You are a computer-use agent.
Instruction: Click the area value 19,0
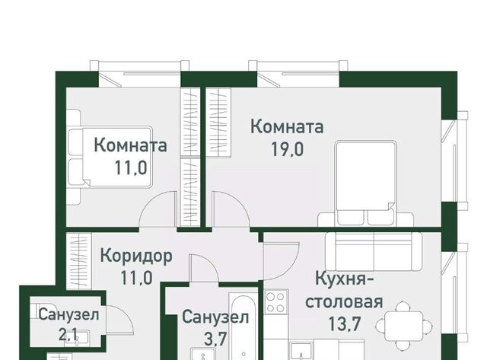point(288,150)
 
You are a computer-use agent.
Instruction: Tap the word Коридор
point(136,257)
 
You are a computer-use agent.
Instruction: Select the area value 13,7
point(344,323)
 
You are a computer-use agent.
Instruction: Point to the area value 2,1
point(68,335)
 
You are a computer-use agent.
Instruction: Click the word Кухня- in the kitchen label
point(345,279)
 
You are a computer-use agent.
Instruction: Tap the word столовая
point(344,301)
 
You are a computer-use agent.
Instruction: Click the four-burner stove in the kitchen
point(276,301)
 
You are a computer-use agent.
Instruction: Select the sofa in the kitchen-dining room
point(374,252)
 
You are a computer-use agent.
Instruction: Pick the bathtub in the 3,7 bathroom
point(243,326)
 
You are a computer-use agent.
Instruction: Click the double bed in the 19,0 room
point(365,183)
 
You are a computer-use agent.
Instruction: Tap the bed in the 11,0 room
point(110,157)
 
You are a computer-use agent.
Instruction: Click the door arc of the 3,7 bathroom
point(204,268)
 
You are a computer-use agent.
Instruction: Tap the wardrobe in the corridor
point(79,261)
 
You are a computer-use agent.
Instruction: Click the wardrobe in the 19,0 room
point(218,122)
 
